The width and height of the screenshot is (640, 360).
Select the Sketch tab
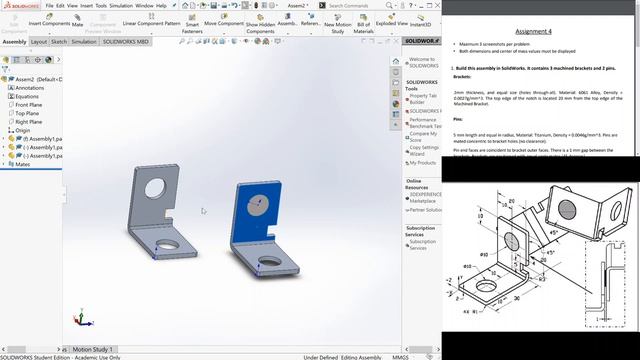59,42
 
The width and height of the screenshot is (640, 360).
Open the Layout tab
38,42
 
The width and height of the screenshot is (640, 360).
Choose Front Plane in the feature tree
29,105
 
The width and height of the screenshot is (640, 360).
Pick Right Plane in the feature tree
29,122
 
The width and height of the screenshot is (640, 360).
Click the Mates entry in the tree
24,164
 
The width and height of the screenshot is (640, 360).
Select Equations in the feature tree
27,96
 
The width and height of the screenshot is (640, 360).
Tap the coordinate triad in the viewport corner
82,320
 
